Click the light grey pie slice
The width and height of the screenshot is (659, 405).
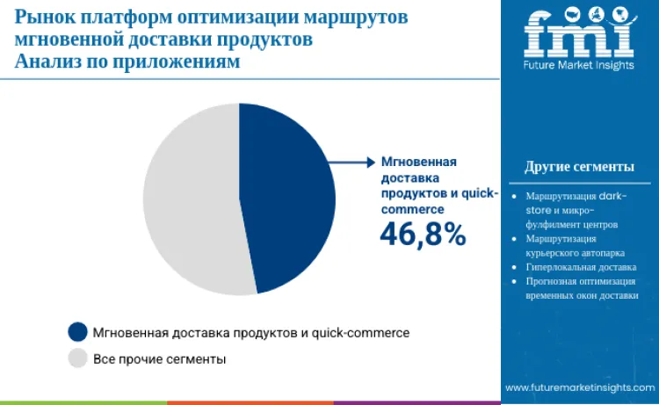click(x=189, y=198)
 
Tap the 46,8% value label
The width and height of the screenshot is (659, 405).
click(x=422, y=234)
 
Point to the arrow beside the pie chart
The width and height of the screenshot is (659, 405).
click(x=351, y=162)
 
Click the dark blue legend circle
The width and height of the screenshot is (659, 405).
click(x=77, y=332)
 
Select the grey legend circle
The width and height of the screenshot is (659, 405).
click(x=77, y=358)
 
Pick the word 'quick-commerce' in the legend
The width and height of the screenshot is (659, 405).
click(x=361, y=332)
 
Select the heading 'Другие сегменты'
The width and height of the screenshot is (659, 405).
click(x=579, y=167)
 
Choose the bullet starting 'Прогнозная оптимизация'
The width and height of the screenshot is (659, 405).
click(x=580, y=288)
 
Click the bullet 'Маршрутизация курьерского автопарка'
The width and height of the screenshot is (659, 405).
click(x=567, y=245)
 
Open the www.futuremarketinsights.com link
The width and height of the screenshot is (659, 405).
click(x=580, y=387)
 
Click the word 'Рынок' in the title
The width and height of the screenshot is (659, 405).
click(x=41, y=17)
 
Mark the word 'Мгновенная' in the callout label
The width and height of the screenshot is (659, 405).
click(x=417, y=162)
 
